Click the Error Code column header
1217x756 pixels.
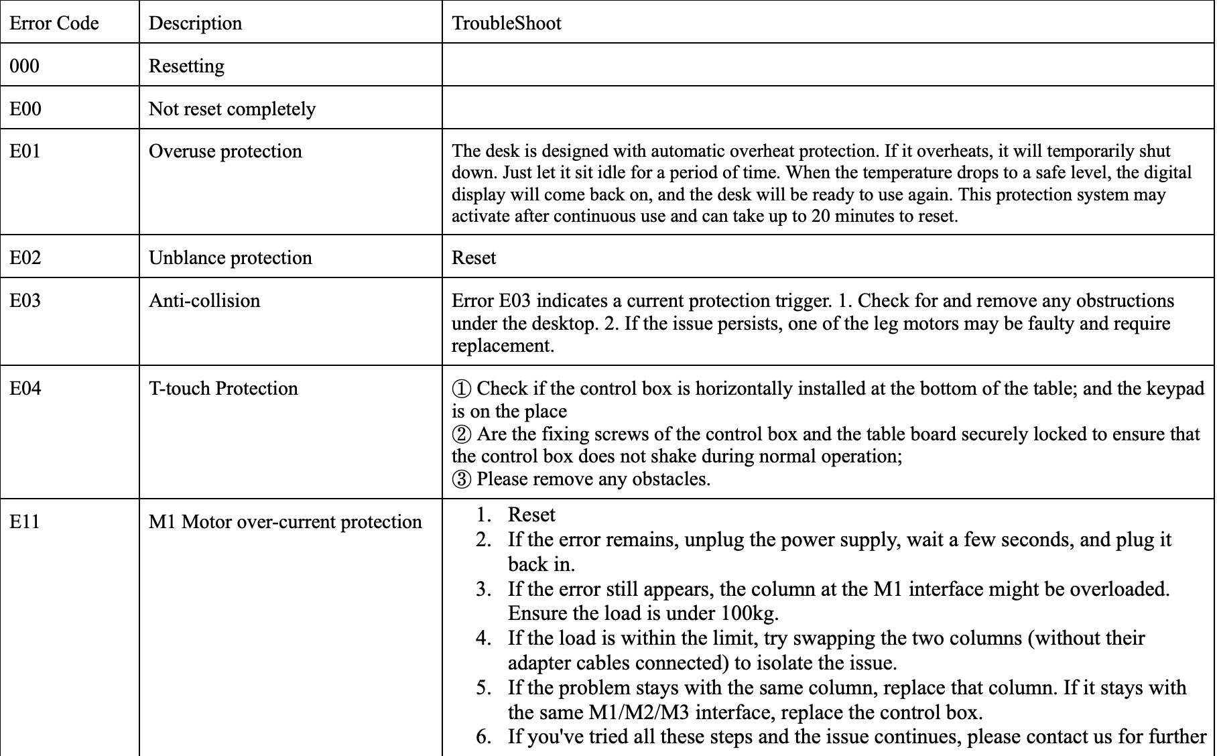pyautogui.click(x=54, y=23)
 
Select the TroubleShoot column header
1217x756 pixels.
pyautogui.click(x=507, y=23)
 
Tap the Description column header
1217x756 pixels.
pyautogui.click(x=195, y=23)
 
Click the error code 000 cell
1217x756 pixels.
pyautogui.click(x=25, y=66)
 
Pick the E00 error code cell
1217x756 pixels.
pyautogui.click(x=25, y=109)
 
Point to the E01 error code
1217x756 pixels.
pyautogui.click(x=25, y=151)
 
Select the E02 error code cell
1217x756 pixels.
pyautogui.click(x=25, y=257)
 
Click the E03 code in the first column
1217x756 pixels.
pyautogui.click(x=25, y=300)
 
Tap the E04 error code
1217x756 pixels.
pyautogui.click(x=25, y=388)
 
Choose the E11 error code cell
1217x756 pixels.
pyautogui.click(x=25, y=521)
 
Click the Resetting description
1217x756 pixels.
pyautogui.click(x=186, y=66)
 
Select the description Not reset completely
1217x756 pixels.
pyautogui.click(x=232, y=109)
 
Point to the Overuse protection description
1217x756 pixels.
pyautogui.click(x=225, y=151)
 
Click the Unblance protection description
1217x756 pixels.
pyautogui.click(x=230, y=257)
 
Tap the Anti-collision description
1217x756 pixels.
pyautogui.click(x=204, y=300)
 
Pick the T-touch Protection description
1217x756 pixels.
pyautogui.click(x=223, y=388)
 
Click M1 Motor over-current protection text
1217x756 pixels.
pyautogui.click(x=285, y=521)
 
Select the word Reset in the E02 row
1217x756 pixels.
pyautogui.click(x=474, y=257)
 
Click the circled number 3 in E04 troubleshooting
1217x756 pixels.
pyautogui.click(x=462, y=479)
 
